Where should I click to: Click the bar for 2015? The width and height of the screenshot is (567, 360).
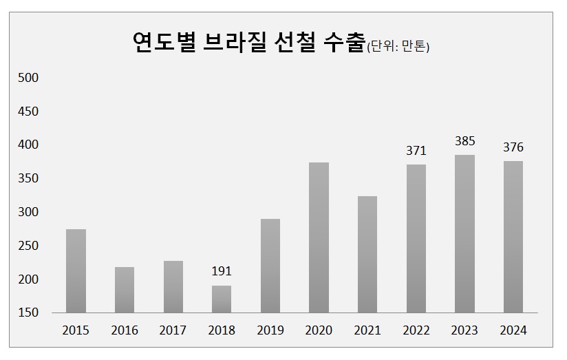[x=76, y=271]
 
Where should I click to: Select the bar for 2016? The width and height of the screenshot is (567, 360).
[x=125, y=290]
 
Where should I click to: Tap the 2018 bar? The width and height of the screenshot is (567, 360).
[x=222, y=299]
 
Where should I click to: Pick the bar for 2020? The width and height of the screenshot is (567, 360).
[x=319, y=237]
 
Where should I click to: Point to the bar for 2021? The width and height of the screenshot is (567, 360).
[x=367, y=255]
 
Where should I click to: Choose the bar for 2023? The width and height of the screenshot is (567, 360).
[x=464, y=234]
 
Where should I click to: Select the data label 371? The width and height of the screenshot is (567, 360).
[x=416, y=151]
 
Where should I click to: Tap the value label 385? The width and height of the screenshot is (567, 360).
[x=464, y=141]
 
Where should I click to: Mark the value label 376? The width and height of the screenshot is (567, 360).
[x=513, y=147]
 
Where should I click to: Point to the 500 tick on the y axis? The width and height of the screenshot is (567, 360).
[x=28, y=78]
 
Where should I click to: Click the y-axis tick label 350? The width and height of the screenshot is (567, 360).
[x=28, y=179]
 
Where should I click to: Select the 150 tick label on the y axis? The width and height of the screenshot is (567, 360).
[x=28, y=313]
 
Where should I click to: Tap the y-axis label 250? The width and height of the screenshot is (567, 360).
[x=28, y=246]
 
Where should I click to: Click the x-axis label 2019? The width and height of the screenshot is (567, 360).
[x=270, y=330]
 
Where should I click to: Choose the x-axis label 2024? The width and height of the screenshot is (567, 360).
[x=513, y=330]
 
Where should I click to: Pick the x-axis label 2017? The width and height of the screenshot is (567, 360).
[x=173, y=330]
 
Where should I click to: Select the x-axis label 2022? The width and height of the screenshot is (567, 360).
[x=416, y=330]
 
